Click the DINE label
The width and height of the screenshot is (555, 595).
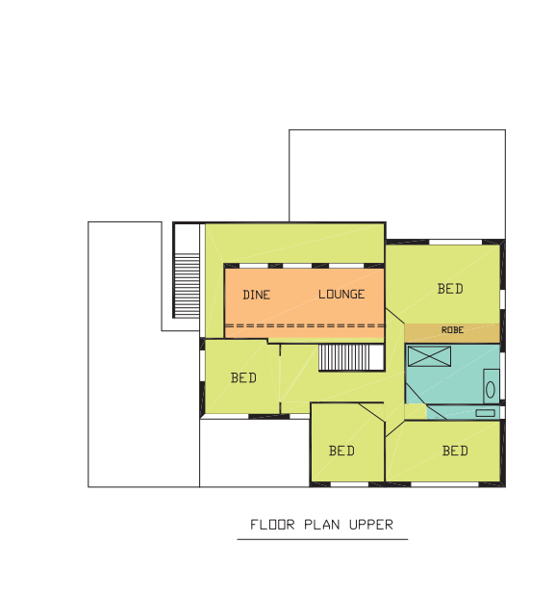[x=257, y=295]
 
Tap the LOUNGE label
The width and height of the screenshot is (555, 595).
[x=341, y=294]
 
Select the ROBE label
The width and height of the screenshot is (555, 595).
[x=453, y=330]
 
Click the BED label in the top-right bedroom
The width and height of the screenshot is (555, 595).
[x=450, y=289]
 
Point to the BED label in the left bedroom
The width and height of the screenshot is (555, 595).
[x=243, y=378]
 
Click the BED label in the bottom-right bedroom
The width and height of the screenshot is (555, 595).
[x=455, y=451]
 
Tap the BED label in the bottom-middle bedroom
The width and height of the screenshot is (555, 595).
[x=341, y=451]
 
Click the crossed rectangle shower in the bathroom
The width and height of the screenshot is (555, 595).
[x=430, y=356]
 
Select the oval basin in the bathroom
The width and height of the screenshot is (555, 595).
[x=491, y=390]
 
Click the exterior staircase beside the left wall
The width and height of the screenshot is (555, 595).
[x=187, y=285]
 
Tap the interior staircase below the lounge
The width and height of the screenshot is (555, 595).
[x=343, y=357]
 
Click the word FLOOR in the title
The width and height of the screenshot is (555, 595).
[x=272, y=525]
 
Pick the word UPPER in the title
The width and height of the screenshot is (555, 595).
[x=371, y=525]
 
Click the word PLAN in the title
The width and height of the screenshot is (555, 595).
[x=322, y=525]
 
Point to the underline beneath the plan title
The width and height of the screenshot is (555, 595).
[x=322, y=539]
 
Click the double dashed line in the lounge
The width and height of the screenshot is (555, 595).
[x=305, y=325]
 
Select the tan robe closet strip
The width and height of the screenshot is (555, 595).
[x=452, y=333]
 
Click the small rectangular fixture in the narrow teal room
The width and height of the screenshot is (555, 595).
[x=485, y=413]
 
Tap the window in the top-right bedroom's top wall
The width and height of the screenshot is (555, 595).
[x=455, y=242]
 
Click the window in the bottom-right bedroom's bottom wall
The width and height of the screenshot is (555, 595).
[x=444, y=484]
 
